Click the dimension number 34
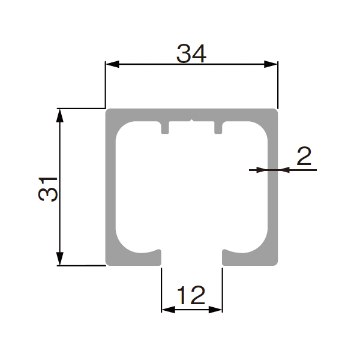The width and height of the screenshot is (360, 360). point(191,54)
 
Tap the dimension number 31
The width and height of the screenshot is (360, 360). point(48,189)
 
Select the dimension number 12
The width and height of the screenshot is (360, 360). point(191,295)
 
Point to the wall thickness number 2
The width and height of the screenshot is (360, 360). point(304,156)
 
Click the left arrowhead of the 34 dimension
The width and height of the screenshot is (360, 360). point(112,64)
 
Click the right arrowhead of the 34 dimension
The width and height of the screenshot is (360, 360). point(271,64)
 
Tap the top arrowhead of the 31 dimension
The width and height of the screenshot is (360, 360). point(59,115)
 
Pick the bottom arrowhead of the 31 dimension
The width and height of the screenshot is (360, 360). point(59,259)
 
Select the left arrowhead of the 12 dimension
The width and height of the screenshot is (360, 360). point(168,310)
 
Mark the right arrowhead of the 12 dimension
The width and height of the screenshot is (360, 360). point(215,310)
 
